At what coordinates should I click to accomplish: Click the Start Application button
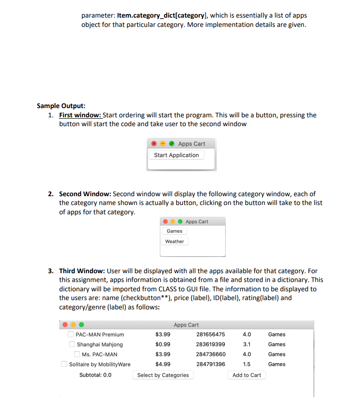click(x=176, y=155)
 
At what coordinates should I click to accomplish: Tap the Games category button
click(x=174, y=231)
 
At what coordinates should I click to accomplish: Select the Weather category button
click(x=174, y=241)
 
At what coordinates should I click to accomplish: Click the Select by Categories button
click(x=163, y=375)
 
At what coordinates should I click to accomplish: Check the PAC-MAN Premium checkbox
click(x=71, y=334)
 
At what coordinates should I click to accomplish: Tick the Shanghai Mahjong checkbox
click(x=72, y=344)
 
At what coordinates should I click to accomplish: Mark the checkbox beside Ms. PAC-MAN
click(x=77, y=354)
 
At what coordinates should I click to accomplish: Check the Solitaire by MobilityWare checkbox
click(x=64, y=364)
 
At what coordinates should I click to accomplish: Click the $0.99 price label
click(x=163, y=344)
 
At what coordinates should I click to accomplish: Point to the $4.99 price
click(x=163, y=364)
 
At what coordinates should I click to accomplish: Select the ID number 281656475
click(x=211, y=334)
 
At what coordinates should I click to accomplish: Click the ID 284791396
click(x=211, y=364)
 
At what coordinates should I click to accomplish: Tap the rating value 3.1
click(x=247, y=344)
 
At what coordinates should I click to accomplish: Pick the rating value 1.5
click(x=247, y=364)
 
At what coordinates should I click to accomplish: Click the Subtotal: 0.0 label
click(x=95, y=375)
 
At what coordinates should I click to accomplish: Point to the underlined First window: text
click(x=80, y=115)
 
